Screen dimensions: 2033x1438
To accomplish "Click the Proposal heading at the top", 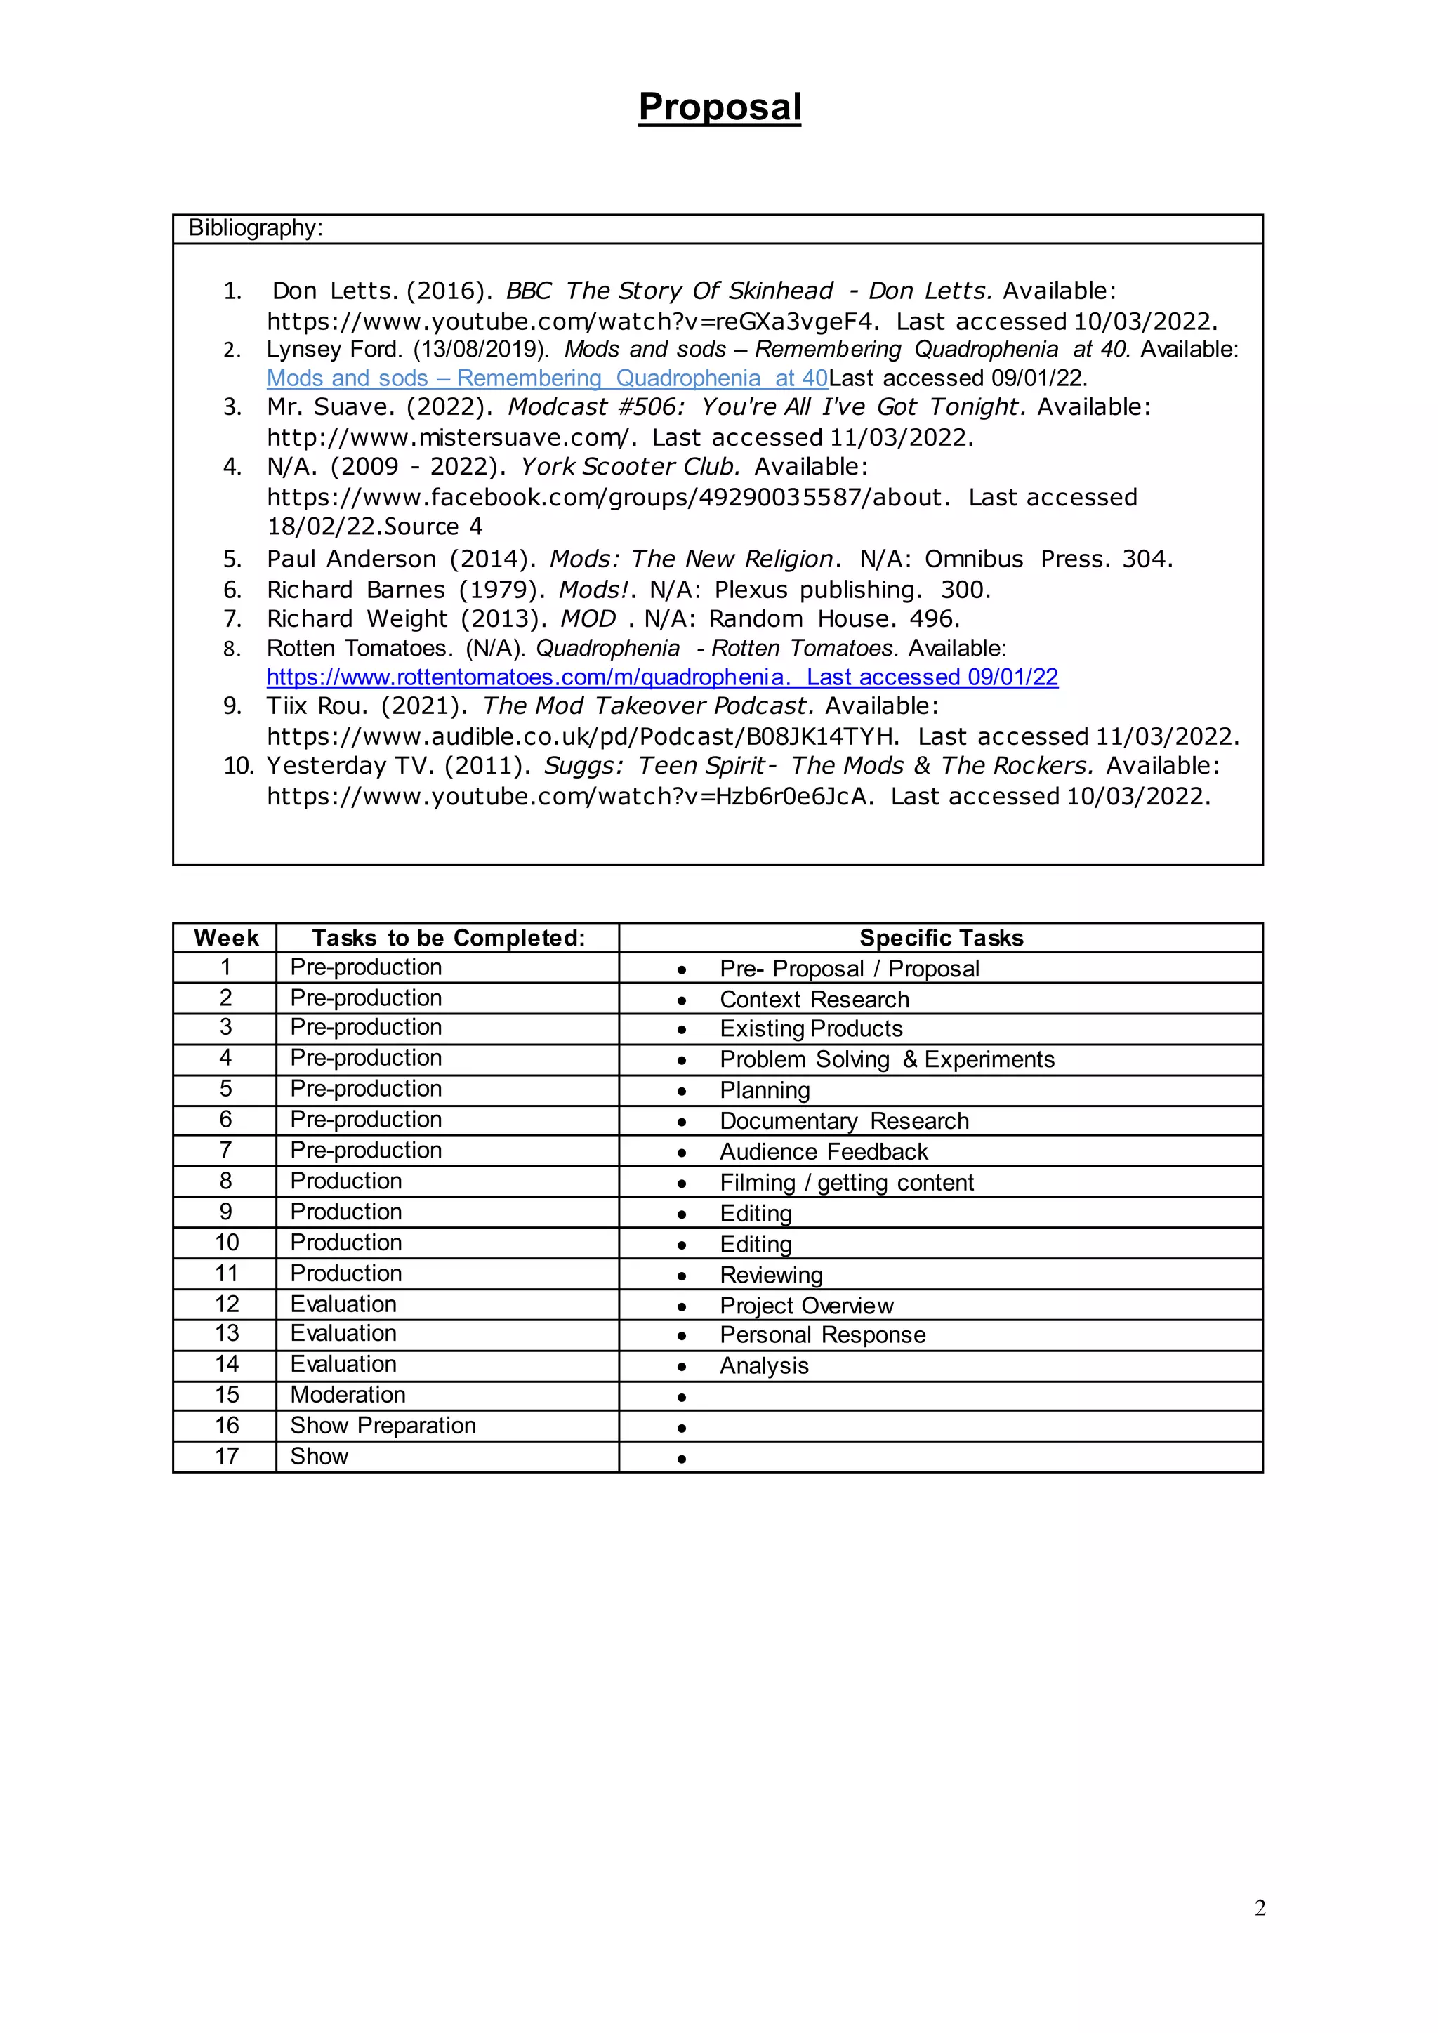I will coord(719,107).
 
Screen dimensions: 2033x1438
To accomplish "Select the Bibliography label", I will coord(255,228).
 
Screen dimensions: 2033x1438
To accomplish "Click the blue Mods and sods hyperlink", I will coord(547,378).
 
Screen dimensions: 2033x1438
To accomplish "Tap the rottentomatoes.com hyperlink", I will coord(661,677).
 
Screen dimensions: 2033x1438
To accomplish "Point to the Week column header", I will coord(226,938).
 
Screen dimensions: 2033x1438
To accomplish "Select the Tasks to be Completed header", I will coord(448,938).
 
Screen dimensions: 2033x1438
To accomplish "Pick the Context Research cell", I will coord(814,1000).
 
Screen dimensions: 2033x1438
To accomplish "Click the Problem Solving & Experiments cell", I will coord(886,1060).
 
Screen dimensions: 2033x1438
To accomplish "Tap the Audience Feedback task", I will coord(824,1152).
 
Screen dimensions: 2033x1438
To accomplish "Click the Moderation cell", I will coord(348,1396).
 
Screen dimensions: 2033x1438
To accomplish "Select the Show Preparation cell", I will coord(383,1426).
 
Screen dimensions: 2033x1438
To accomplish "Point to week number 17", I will coord(227,1457).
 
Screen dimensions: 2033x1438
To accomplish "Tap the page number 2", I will coord(1259,1908).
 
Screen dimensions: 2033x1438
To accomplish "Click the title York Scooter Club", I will coord(630,467).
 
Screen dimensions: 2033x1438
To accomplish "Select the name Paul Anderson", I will coord(350,559).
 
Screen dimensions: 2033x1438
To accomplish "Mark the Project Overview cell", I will coord(806,1306).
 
